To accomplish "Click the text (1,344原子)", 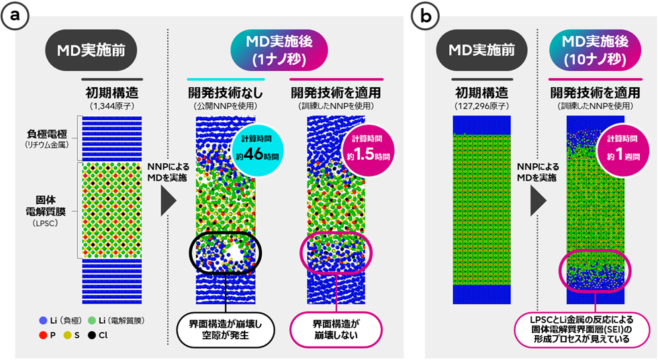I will point(113,105).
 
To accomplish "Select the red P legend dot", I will point(44,335).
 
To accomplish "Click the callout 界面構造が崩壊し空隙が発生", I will point(225,330).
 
